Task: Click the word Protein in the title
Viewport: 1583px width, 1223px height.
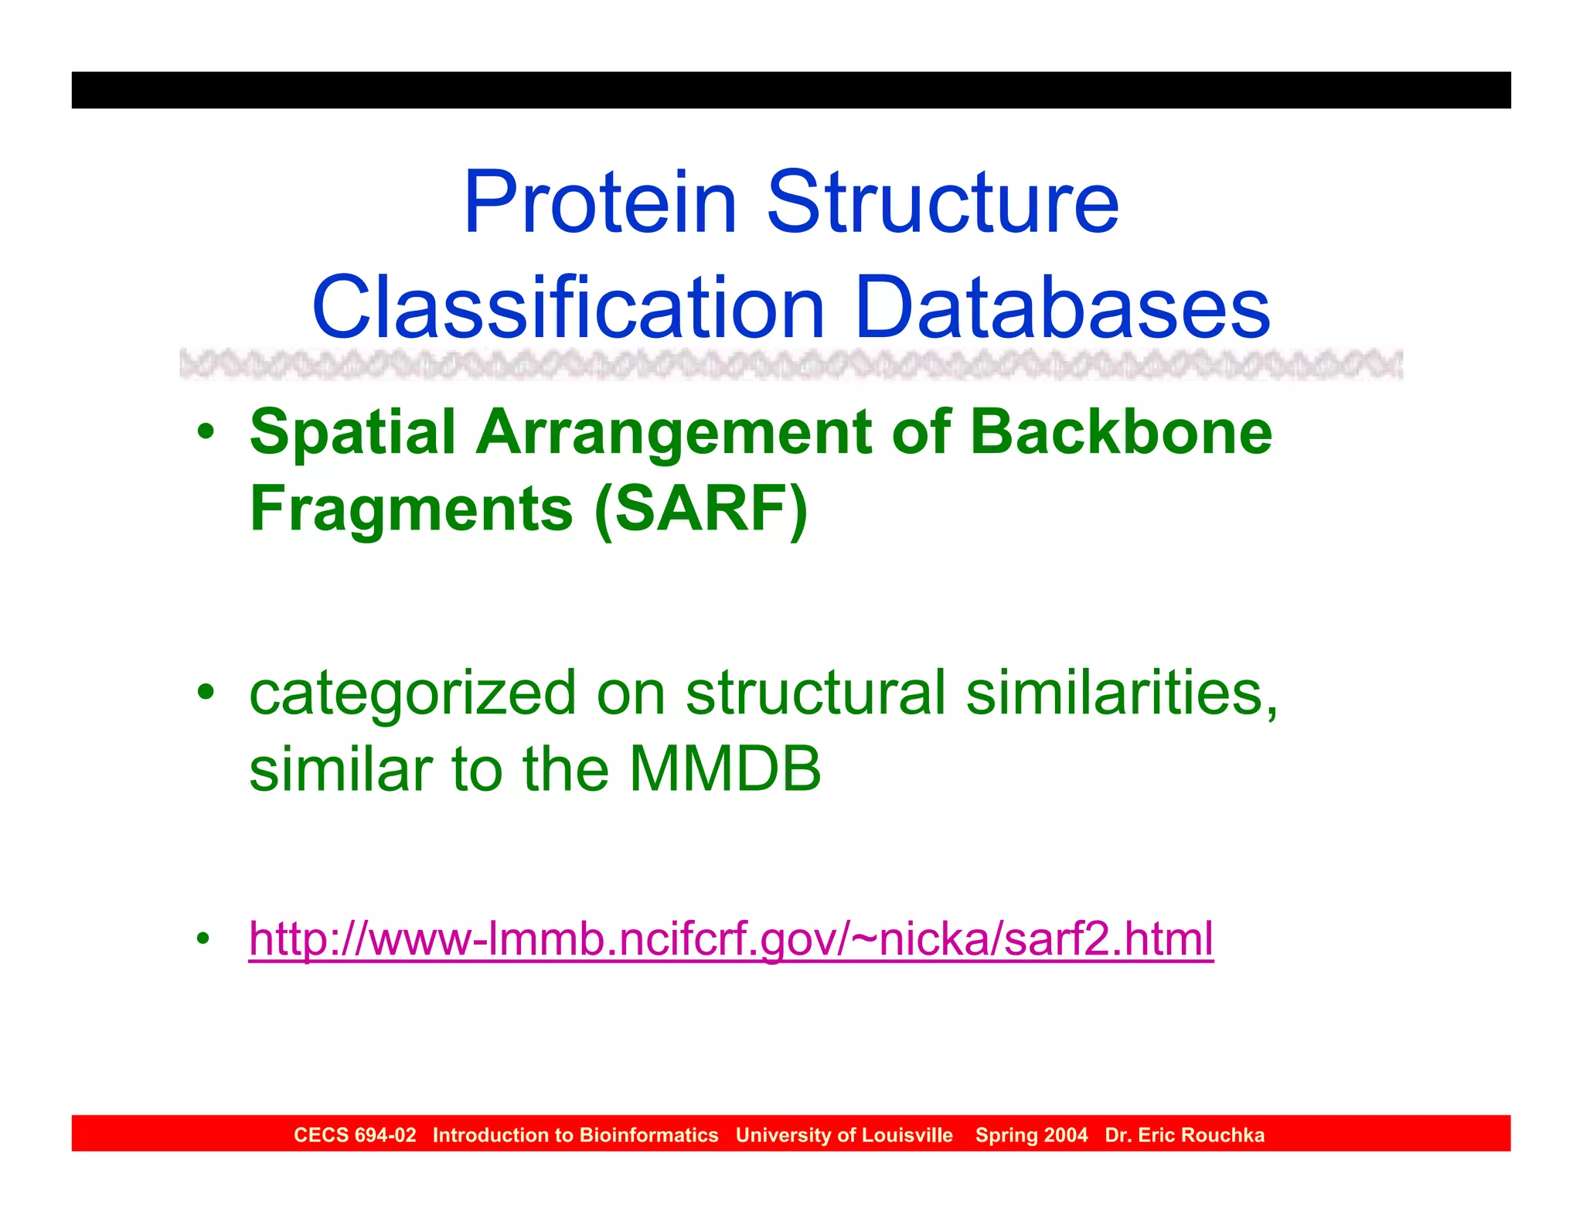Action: click(x=599, y=203)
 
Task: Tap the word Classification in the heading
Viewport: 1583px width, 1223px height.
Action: click(x=568, y=308)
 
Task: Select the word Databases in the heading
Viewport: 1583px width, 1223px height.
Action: click(x=1062, y=308)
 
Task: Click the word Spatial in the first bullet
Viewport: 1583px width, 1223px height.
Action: click(x=352, y=433)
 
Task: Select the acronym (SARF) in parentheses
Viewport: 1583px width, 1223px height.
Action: click(x=700, y=510)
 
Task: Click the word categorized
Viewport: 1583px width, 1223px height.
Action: click(x=413, y=694)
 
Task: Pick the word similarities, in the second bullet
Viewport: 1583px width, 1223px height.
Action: click(x=1122, y=693)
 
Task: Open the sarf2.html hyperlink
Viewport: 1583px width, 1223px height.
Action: click(x=730, y=939)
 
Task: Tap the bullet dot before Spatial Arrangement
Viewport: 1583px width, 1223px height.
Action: click(x=205, y=433)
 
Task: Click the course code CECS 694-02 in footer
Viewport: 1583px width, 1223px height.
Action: click(x=355, y=1135)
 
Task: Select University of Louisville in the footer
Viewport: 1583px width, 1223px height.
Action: click(x=844, y=1135)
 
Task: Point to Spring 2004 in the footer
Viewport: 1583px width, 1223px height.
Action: click(x=1031, y=1135)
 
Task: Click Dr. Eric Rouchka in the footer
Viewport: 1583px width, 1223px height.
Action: click(x=1184, y=1135)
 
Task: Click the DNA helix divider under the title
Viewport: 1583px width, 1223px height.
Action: click(x=791, y=364)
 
